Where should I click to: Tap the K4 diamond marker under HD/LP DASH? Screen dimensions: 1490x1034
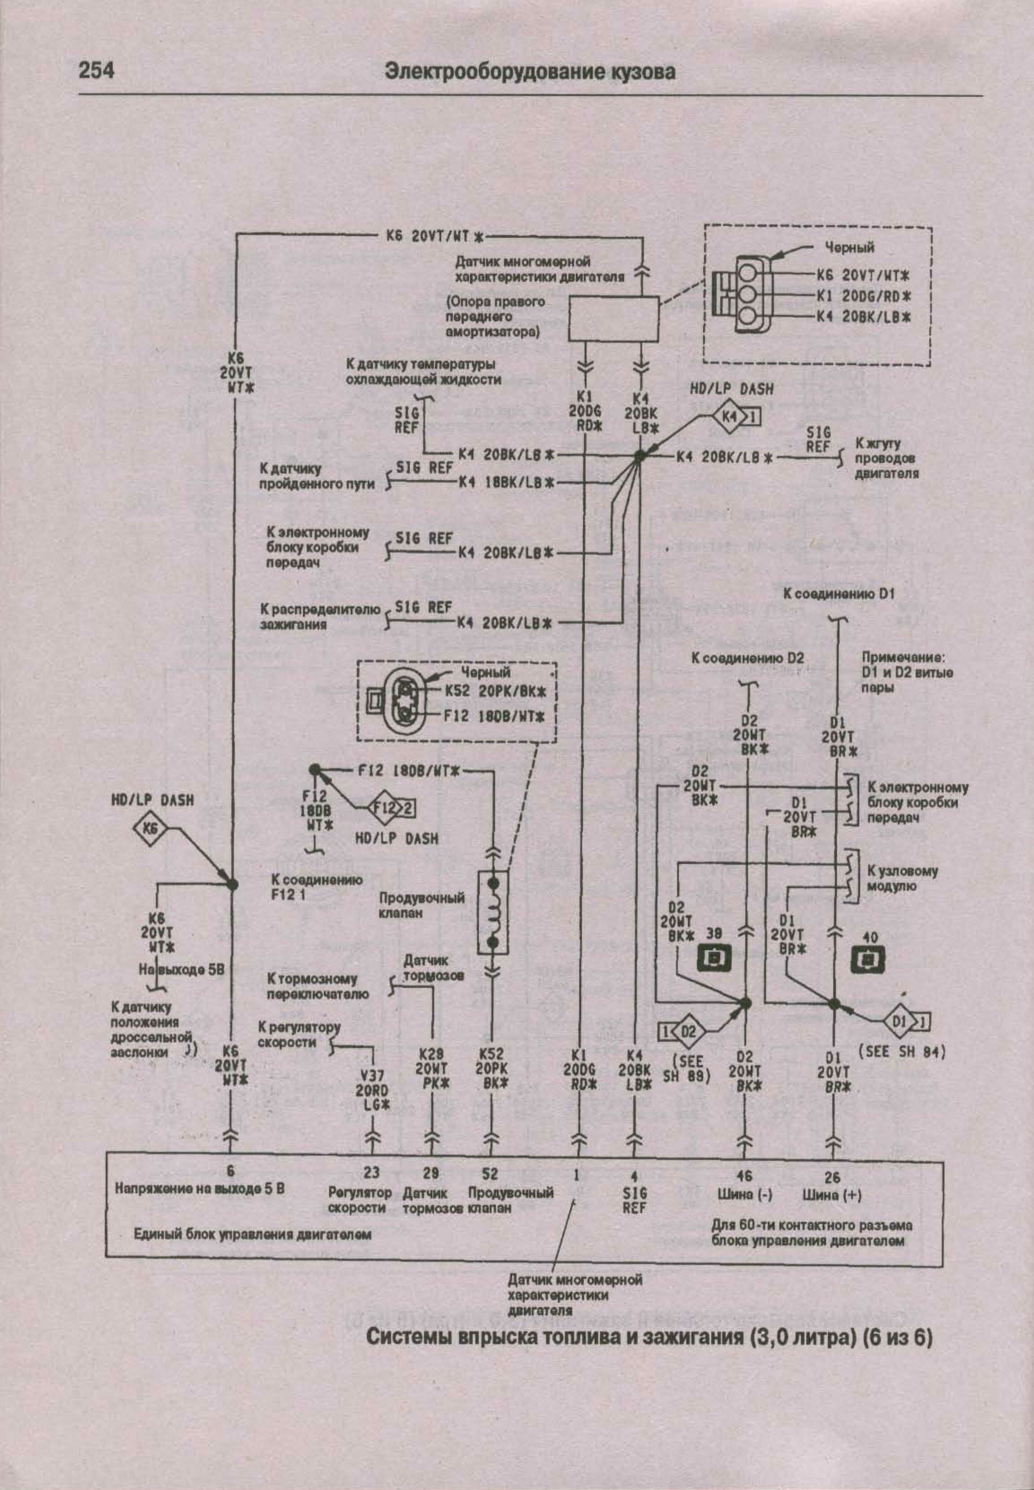tap(730, 417)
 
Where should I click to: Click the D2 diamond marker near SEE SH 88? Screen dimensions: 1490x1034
tap(688, 1030)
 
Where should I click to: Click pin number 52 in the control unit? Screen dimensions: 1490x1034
tap(490, 1173)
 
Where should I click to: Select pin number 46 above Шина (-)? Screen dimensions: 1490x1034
tap(745, 1176)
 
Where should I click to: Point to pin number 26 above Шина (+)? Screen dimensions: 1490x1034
tap(832, 1176)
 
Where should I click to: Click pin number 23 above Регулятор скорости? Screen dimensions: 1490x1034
tap(371, 1173)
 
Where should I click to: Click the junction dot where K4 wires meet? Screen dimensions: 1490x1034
tap(640, 456)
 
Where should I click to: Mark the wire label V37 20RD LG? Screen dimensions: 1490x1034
tap(372, 1090)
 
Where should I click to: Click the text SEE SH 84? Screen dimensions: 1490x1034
tap(901, 1052)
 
